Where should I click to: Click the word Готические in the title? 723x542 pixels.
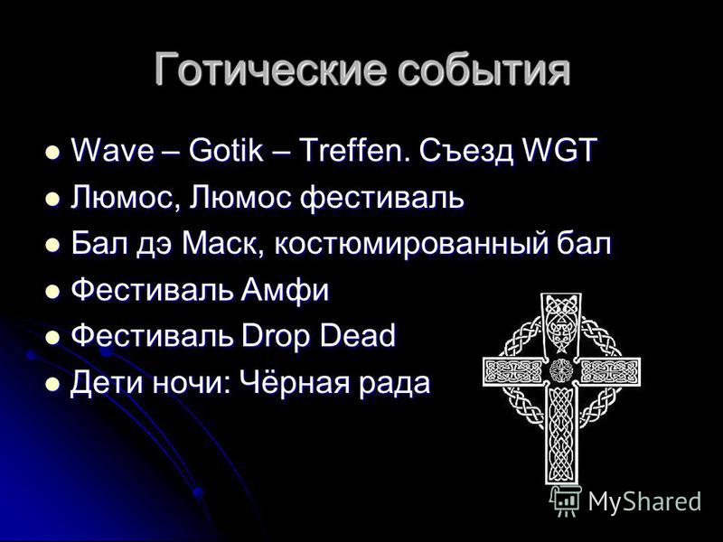(x=269, y=70)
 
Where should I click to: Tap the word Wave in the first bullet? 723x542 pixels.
(x=112, y=150)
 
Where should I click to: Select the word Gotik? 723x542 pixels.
(x=226, y=150)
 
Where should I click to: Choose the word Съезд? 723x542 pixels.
(x=466, y=151)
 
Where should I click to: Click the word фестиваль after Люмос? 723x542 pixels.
(x=382, y=197)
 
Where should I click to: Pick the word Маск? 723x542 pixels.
(x=219, y=243)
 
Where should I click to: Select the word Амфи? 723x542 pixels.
(x=285, y=290)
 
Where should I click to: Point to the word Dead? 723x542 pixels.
(x=358, y=335)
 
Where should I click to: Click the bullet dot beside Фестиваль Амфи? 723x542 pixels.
(x=52, y=291)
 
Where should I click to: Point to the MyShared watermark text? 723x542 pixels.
(x=644, y=501)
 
